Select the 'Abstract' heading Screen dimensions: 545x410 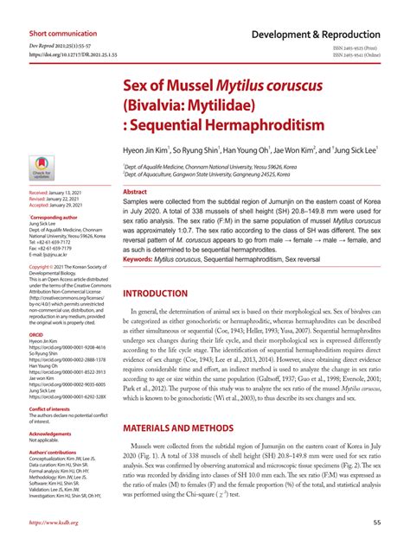coord(136,192)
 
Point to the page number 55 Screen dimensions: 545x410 coord(377,522)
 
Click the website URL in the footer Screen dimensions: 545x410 coord(54,522)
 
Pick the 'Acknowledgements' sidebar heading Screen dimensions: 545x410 coord(50,433)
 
